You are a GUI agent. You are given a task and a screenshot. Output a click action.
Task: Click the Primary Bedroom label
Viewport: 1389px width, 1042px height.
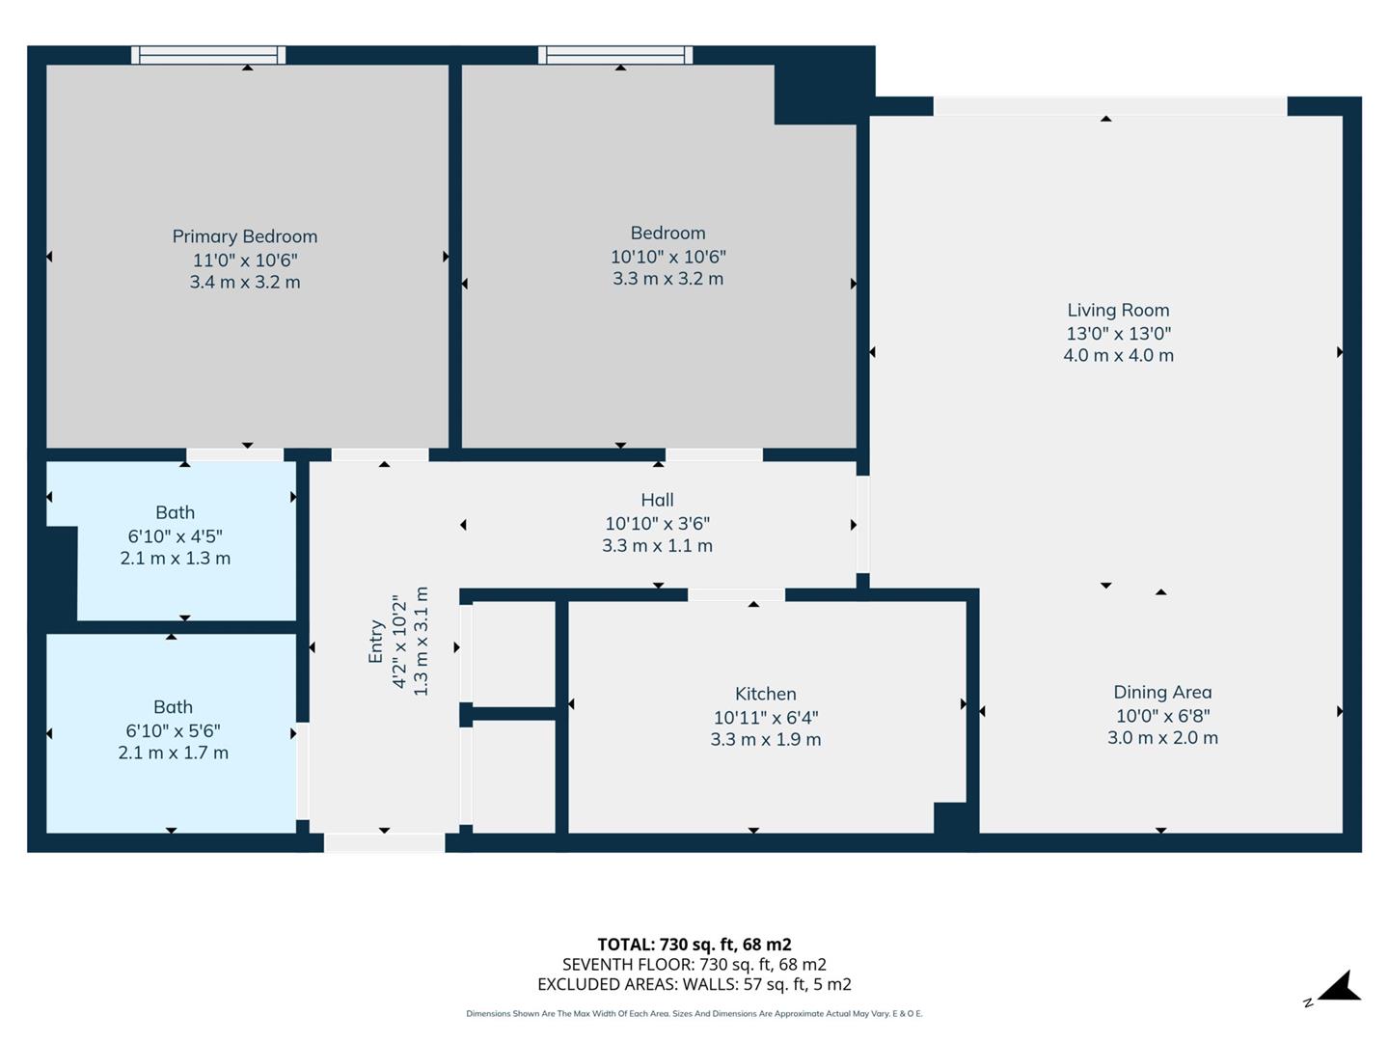pos(244,236)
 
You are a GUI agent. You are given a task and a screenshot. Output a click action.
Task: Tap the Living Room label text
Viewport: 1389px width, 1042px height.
pos(1118,310)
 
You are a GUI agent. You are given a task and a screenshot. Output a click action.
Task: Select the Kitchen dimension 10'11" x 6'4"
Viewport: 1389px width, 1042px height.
pos(765,717)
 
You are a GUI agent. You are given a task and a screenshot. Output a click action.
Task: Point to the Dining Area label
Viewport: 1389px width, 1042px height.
pos(1162,692)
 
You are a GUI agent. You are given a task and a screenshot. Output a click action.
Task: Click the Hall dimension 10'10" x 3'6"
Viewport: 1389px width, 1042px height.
pos(657,523)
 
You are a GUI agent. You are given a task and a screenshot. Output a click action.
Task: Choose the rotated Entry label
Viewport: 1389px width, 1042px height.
pos(376,642)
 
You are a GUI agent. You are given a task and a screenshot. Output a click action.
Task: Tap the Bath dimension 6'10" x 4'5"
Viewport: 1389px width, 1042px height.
pos(175,535)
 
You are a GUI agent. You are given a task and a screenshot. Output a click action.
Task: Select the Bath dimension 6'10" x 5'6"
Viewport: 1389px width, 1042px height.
pos(173,730)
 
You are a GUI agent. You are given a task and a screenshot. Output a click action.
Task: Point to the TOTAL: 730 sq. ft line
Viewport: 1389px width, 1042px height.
pos(694,945)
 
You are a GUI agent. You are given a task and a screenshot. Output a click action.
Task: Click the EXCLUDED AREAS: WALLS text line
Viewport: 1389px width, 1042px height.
pos(694,984)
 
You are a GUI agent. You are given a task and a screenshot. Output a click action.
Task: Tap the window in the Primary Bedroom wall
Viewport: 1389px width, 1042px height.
pos(208,55)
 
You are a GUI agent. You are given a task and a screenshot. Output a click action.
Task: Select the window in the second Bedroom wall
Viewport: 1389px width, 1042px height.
pos(615,55)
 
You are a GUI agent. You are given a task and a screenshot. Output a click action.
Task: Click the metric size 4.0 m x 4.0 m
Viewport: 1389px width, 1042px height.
pos(1118,355)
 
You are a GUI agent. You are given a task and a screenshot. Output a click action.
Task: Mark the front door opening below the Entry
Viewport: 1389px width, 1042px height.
pos(384,843)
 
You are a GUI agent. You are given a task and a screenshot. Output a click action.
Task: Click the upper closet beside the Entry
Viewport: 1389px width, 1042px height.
pos(513,653)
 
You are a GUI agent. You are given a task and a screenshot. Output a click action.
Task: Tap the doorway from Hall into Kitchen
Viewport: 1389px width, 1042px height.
pos(736,594)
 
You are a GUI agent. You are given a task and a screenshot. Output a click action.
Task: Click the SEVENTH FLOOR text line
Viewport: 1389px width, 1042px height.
pos(694,964)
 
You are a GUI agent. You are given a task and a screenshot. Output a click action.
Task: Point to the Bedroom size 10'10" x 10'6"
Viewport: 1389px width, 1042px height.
pos(667,257)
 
